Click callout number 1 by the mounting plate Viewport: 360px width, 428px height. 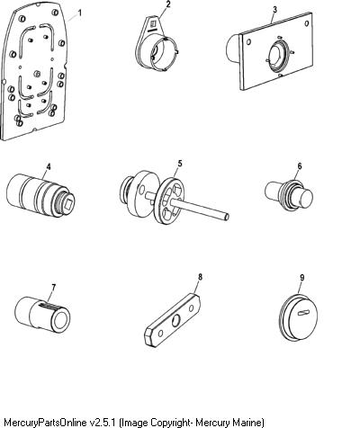(x=79, y=13)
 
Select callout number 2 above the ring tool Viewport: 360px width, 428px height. (x=168, y=4)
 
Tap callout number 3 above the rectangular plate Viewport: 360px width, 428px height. (x=275, y=10)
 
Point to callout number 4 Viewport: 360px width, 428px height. (x=49, y=166)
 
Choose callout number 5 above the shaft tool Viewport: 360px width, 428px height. (x=180, y=164)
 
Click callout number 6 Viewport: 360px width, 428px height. (x=300, y=166)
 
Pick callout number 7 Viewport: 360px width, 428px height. (x=53, y=288)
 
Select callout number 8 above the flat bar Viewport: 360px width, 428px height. (x=200, y=277)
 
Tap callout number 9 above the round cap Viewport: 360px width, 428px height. (x=301, y=278)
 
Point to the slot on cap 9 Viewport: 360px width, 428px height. (x=303, y=313)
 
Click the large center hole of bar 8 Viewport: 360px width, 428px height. (x=175, y=321)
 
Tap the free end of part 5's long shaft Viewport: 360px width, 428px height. (x=228, y=217)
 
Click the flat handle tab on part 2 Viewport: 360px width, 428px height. (x=153, y=25)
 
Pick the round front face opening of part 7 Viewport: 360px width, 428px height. (x=61, y=319)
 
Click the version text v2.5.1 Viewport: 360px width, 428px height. (x=103, y=422)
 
